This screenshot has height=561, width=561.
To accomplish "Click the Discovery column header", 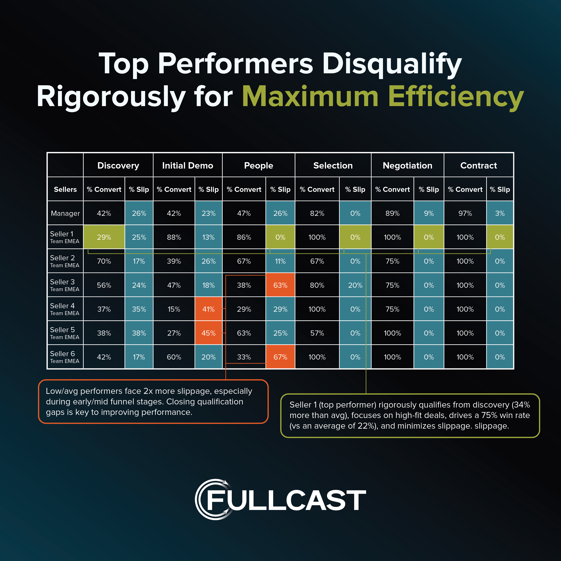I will click(x=118, y=166).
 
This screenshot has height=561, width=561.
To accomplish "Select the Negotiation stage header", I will click(x=407, y=166).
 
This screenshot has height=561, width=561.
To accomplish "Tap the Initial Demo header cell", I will click(x=188, y=166).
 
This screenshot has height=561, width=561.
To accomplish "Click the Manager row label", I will click(x=65, y=213).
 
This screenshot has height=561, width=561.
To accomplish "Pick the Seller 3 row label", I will click(x=64, y=285).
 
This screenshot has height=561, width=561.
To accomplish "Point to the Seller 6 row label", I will click(x=64, y=357).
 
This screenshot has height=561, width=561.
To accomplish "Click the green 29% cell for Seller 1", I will click(x=104, y=237).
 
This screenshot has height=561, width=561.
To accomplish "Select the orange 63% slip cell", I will click(x=280, y=285).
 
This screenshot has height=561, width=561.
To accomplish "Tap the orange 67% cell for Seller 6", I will click(x=280, y=357).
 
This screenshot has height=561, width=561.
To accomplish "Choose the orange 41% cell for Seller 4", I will click(x=208, y=309).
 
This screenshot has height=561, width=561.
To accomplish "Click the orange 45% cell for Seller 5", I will click(x=208, y=333).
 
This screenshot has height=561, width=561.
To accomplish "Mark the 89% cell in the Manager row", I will click(x=392, y=213).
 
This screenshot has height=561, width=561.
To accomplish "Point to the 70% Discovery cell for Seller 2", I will click(x=104, y=261).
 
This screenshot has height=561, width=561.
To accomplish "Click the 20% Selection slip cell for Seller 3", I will click(x=355, y=285).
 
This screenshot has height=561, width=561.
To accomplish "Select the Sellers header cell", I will click(x=65, y=189).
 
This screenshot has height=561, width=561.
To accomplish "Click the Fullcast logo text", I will click(x=286, y=500).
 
